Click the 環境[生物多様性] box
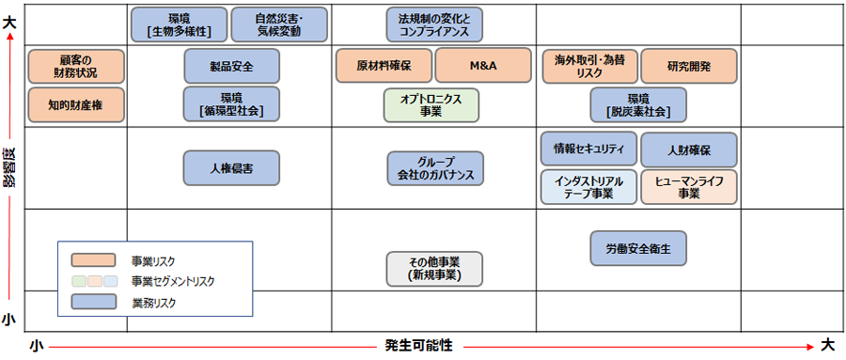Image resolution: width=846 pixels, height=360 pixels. click(179, 24)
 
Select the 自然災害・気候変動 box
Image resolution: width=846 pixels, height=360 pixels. click(279, 24)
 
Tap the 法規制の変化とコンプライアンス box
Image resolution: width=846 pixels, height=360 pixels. click(434, 24)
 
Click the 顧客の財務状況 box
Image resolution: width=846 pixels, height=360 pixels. click(76, 66)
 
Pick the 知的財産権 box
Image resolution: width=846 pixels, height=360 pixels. click(76, 105)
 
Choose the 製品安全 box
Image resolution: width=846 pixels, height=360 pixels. click(231, 66)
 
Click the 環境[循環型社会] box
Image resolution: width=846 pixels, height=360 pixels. click(231, 104)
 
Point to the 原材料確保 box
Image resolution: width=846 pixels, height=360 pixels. click(383, 66)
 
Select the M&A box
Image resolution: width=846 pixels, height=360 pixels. click(483, 66)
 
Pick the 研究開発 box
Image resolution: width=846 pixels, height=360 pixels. click(689, 66)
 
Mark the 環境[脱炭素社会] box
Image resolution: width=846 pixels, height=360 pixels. click(638, 105)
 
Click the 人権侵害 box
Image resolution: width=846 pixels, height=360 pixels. click(231, 168)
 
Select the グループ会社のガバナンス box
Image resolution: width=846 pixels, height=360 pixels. click(435, 168)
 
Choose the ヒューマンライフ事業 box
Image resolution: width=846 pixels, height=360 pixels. click(689, 187)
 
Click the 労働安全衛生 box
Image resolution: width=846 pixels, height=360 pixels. click(638, 247)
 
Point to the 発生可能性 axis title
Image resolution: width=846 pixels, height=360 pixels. click(418, 345)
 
